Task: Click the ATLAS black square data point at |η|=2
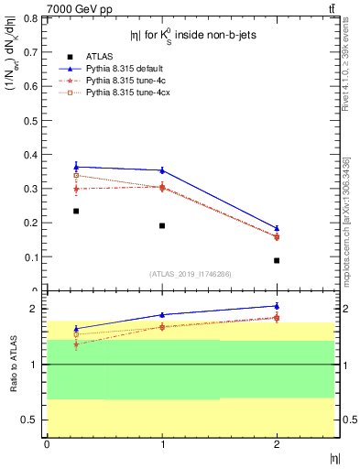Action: (x=277, y=260)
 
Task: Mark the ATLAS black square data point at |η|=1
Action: (x=162, y=225)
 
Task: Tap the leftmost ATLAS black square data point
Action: (x=76, y=211)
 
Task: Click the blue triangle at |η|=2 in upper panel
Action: (x=277, y=228)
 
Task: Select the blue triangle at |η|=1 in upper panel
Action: (x=162, y=170)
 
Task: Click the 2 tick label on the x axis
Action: (x=277, y=444)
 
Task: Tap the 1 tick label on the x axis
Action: (x=162, y=444)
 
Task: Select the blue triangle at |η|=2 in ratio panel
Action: (x=277, y=306)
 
